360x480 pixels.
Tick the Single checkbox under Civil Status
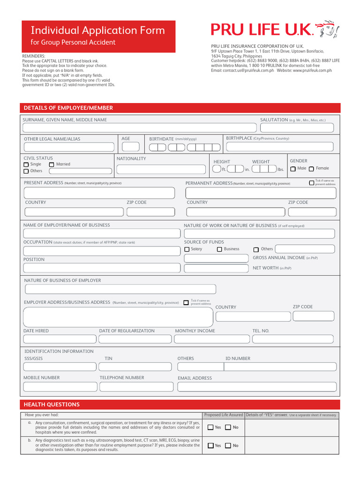26,165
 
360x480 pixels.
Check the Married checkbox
52,165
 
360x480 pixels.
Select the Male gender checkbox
293,169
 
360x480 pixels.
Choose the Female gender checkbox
311,169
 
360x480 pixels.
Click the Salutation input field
297,128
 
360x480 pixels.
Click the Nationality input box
162,169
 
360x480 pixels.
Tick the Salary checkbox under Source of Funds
187,249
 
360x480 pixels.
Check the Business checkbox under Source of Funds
219,249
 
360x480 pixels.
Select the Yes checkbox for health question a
210,427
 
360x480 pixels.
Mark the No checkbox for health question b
228,446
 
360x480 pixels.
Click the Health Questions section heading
52,405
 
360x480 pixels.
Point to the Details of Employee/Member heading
68,108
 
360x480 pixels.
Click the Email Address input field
257,387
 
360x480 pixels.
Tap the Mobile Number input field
59,387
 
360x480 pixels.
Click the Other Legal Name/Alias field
69,147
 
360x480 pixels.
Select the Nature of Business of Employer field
120,289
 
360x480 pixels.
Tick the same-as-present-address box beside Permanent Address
312,183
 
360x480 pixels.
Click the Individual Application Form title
98,30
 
